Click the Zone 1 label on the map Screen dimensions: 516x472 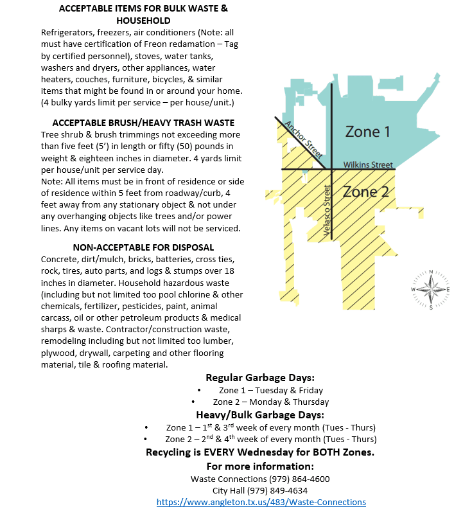click(x=367, y=132)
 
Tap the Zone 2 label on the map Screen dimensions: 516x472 click(x=365, y=191)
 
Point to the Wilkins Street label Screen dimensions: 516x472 click(x=367, y=165)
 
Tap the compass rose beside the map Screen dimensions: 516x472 click(x=430, y=289)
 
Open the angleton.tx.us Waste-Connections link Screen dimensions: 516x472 click(x=261, y=502)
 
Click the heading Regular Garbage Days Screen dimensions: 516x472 click(x=260, y=377)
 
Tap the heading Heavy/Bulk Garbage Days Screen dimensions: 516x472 click(x=260, y=414)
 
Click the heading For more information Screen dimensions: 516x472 click(x=260, y=466)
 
